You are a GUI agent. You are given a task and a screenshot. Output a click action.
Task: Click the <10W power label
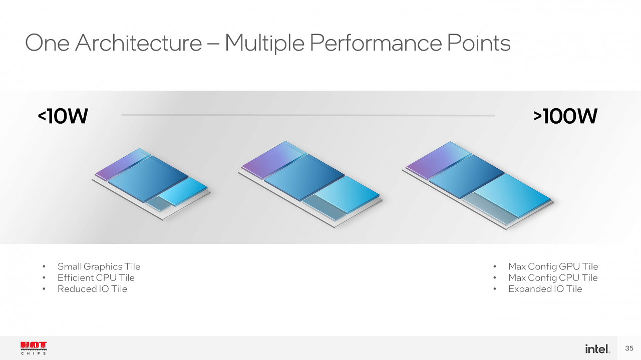coord(63,116)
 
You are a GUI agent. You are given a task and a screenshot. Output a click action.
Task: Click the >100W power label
coord(565,116)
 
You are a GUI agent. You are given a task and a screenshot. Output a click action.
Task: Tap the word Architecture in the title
coord(139,43)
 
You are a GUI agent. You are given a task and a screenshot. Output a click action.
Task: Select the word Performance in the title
coord(376,43)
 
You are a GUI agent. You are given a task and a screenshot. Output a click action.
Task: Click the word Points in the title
coord(479,43)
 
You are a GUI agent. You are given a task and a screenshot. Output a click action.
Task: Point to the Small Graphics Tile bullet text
coord(99,267)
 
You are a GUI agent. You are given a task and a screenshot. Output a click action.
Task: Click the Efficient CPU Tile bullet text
coord(96,277)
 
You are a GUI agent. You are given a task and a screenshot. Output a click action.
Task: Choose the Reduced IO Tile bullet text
coord(92,289)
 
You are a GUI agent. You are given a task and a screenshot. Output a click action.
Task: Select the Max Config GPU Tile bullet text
coord(553,267)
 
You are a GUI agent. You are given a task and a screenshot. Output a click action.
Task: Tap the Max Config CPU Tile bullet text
coord(553,277)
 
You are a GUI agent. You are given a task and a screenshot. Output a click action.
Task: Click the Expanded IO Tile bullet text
coord(545,289)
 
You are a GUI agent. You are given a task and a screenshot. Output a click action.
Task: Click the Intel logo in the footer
coord(597,349)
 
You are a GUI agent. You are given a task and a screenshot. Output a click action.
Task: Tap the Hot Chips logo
coord(34,348)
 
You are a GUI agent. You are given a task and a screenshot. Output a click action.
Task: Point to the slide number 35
coord(629,348)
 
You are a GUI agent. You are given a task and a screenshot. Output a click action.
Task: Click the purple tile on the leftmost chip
coord(123,164)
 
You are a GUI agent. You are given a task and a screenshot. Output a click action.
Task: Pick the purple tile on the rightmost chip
coord(438,160)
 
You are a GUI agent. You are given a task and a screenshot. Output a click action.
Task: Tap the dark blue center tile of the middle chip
coord(304,177)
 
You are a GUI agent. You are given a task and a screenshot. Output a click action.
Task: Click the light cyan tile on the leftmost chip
coord(183,191)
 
